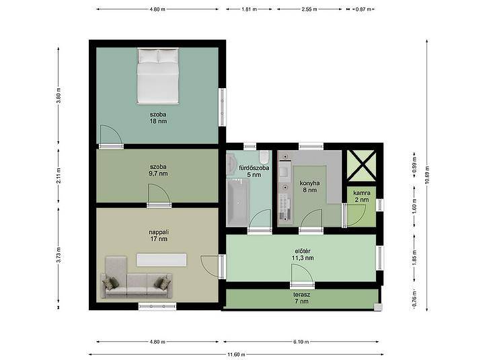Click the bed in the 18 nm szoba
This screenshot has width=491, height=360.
(x=158, y=76)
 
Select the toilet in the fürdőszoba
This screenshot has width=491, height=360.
(x=264, y=157)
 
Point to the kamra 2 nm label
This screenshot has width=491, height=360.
(x=362, y=196)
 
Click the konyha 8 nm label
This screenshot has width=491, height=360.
(x=309, y=186)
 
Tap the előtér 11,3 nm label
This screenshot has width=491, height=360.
(x=303, y=254)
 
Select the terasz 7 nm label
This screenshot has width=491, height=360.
(x=301, y=298)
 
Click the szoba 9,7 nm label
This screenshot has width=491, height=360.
(x=158, y=170)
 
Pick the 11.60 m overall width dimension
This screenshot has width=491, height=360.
(x=236, y=355)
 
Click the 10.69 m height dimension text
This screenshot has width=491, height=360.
(x=427, y=175)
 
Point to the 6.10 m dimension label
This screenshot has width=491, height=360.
(x=301, y=342)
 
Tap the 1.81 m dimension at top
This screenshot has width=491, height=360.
(x=249, y=9)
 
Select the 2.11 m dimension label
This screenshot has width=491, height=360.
(x=59, y=176)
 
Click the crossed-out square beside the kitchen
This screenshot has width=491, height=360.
(x=362, y=166)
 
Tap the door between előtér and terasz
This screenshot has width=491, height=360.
(x=302, y=276)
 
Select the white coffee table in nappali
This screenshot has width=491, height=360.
(x=161, y=260)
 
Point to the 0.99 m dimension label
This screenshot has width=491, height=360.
(x=414, y=166)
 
